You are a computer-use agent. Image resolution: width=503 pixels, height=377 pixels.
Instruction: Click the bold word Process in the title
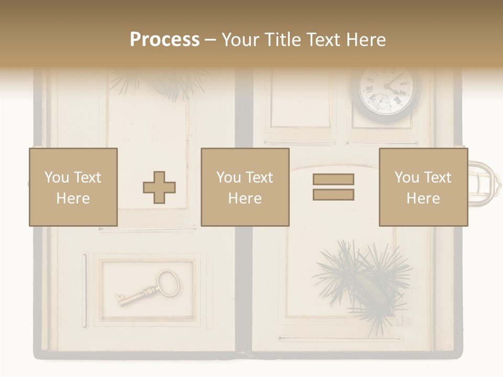point(165,40)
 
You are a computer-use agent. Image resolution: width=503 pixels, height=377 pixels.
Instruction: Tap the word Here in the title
point(365,40)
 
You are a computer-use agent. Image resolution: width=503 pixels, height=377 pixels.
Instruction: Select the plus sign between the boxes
point(159,187)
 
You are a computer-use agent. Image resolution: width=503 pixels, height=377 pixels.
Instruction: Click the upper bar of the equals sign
point(333,179)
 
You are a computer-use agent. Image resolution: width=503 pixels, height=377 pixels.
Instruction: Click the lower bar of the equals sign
point(333,195)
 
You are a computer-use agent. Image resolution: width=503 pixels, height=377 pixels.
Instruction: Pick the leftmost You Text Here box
point(73,187)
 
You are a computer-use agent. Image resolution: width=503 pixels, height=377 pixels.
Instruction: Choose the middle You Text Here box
point(245,187)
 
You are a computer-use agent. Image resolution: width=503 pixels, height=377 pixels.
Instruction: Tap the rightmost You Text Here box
point(423,187)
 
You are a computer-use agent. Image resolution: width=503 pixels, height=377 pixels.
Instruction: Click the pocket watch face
point(389,92)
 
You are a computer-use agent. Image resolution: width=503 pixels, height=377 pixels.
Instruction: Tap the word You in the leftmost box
point(56,178)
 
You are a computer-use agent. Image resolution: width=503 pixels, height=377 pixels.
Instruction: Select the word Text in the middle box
point(258,178)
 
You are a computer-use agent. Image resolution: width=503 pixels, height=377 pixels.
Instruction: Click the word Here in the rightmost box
point(423,198)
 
